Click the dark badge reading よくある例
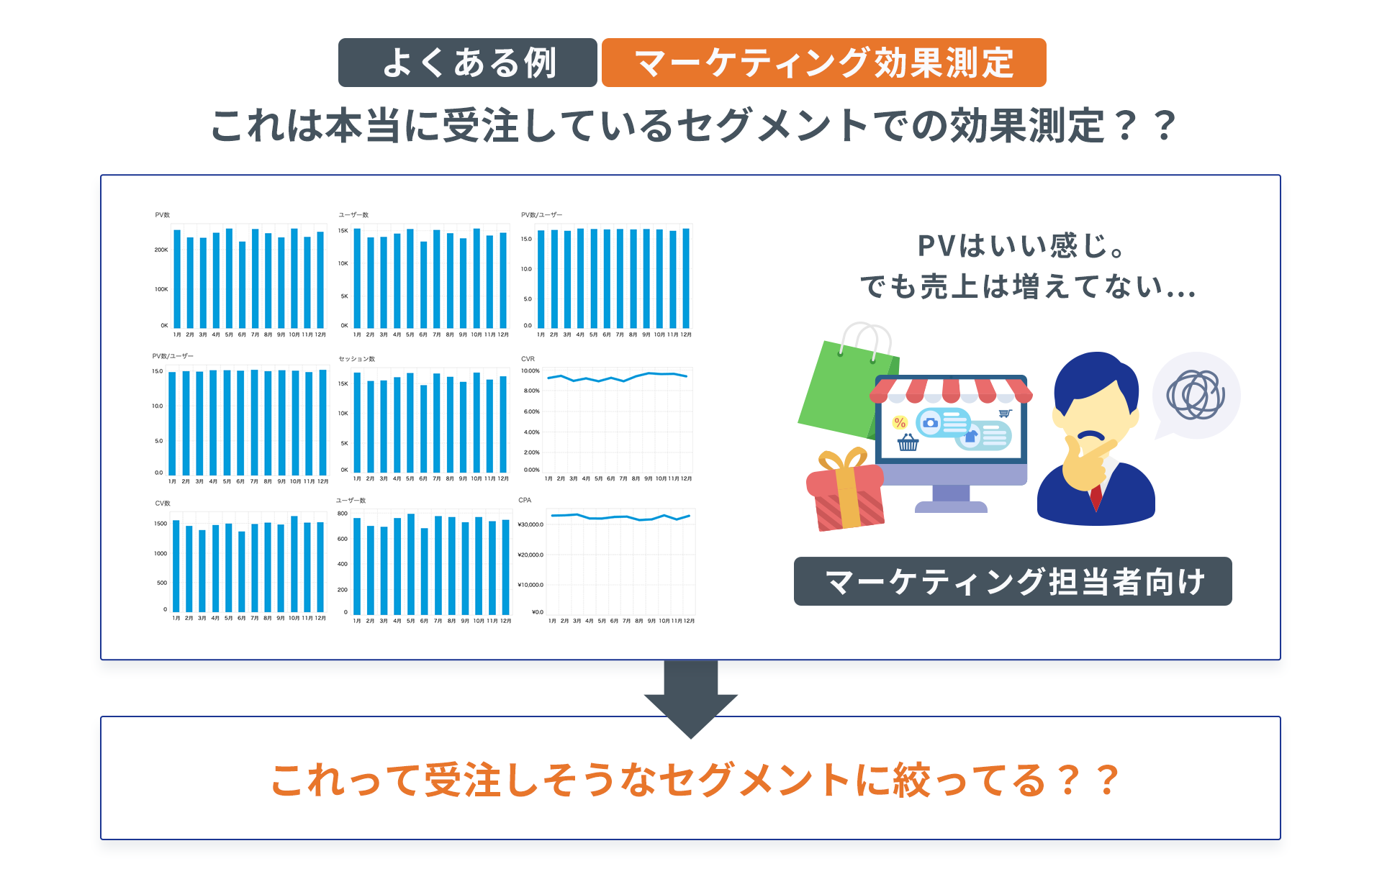[x=468, y=63]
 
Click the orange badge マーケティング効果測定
[x=823, y=63]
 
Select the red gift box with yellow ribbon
[x=846, y=493]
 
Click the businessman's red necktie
[x=1096, y=496]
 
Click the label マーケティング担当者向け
[x=1013, y=581]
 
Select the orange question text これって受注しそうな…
[x=695, y=780]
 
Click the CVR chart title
[x=528, y=359]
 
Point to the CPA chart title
[x=525, y=500]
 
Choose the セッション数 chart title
[x=357, y=359]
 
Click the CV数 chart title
[x=163, y=503]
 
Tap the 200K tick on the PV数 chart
[x=161, y=250]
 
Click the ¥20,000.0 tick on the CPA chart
[x=530, y=555]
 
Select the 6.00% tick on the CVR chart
[x=531, y=411]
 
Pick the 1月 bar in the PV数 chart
[x=177, y=278]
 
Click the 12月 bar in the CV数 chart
[x=320, y=567]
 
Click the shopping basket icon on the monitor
[x=908, y=442]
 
